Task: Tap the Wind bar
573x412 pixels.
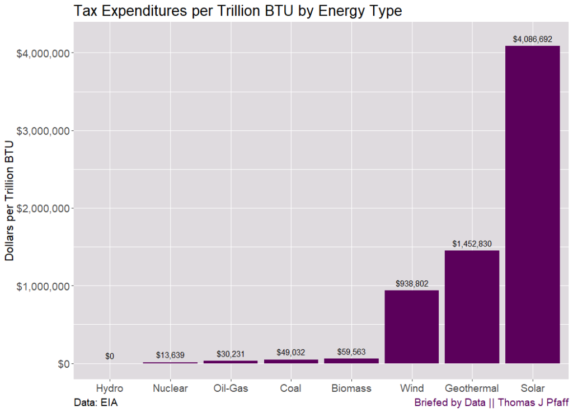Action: (x=411, y=327)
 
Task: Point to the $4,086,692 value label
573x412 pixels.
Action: (x=532, y=39)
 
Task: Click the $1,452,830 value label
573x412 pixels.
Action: (x=472, y=244)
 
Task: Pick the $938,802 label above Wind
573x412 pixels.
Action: (x=412, y=284)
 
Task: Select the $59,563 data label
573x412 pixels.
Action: (x=351, y=352)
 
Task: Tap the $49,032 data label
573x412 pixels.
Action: (x=291, y=353)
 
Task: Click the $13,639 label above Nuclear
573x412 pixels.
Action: (x=170, y=355)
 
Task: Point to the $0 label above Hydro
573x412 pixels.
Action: (x=110, y=357)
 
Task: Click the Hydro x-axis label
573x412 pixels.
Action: (x=110, y=388)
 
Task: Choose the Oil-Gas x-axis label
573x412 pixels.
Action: (x=231, y=388)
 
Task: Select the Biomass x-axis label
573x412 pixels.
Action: (x=351, y=388)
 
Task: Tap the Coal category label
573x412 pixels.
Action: (x=291, y=388)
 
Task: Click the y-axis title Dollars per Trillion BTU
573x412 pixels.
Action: (x=10, y=200)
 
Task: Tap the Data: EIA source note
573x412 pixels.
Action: (x=96, y=402)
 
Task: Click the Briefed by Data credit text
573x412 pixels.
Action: (x=490, y=402)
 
